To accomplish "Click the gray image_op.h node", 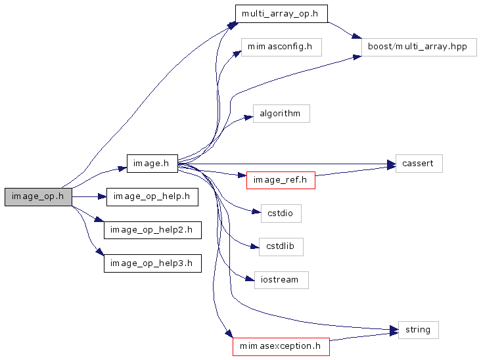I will click(x=38, y=196).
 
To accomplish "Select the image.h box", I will click(x=152, y=164).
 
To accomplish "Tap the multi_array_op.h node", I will click(x=281, y=14).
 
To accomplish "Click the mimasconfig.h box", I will click(x=281, y=47).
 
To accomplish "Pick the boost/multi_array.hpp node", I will click(x=419, y=47).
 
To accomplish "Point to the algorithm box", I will click(x=281, y=114).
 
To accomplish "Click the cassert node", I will click(x=419, y=164).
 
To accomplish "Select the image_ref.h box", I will click(x=281, y=180).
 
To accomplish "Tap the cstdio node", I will click(x=281, y=214).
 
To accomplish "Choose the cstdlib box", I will click(x=281, y=247).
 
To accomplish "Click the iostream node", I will click(x=281, y=280).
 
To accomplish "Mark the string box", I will click(x=418, y=330).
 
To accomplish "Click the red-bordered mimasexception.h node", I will click(x=281, y=346).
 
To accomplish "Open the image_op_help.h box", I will click(x=152, y=196).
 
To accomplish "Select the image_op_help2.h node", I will click(x=152, y=230).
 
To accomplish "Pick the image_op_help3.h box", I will click(x=152, y=263).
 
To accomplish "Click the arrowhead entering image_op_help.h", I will click(x=103, y=196).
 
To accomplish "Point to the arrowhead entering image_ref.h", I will click(x=242, y=176).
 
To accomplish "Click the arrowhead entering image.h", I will click(x=122, y=168).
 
